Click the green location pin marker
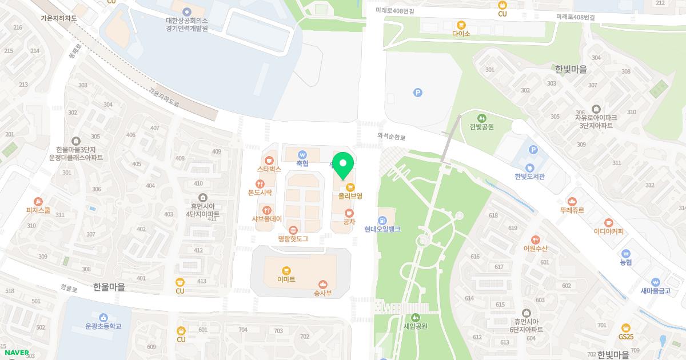point(342,165)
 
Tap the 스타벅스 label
point(269,169)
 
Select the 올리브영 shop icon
point(350,187)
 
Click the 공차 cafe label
point(349,222)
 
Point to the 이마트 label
point(286,279)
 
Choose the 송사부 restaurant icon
point(323,284)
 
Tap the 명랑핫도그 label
point(293,238)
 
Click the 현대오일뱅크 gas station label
point(382,229)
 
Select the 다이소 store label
point(461,34)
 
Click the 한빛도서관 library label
point(529,177)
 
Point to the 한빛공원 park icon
point(481,118)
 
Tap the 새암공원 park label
point(416,326)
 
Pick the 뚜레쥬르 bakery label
point(572,210)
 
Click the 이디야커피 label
point(609,231)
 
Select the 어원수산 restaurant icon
point(535,239)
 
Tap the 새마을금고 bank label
point(655,290)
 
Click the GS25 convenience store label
point(627,337)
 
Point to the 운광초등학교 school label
point(103,326)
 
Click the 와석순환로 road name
point(391,137)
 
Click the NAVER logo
point(17,353)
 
